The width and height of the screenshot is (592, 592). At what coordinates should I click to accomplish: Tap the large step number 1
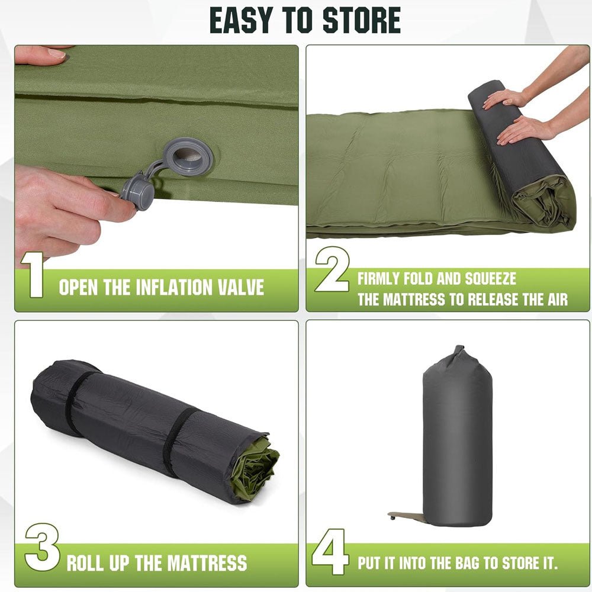(x=33, y=275)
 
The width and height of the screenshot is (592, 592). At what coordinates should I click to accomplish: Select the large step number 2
(x=332, y=269)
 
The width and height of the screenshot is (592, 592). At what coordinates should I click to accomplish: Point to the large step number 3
(x=42, y=547)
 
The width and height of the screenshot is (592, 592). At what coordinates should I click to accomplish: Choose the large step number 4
(x=329, y=552)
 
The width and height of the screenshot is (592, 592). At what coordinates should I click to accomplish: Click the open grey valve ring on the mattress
(x=189, y=156)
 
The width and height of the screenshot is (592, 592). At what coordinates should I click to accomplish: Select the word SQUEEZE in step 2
(x=490, y=279)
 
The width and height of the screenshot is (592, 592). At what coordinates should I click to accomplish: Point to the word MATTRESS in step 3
(x=207, y=563)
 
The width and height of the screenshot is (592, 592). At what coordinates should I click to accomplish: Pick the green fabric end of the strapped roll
(x=255, y=468)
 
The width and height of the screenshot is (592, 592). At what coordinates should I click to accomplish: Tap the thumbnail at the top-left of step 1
(x=57, y=53)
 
